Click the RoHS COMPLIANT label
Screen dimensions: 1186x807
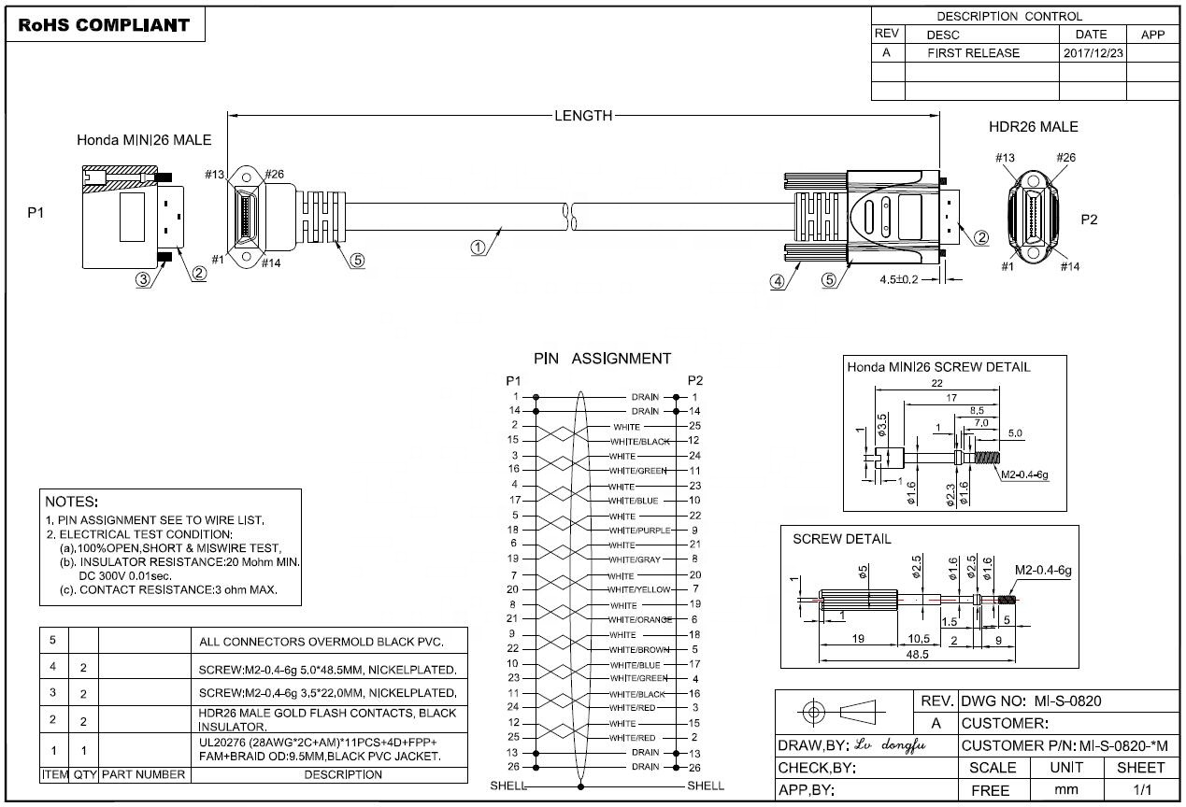pos(104,25)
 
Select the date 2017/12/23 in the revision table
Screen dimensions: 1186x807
pos(1093,53)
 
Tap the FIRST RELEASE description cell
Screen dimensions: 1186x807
pos(973,53)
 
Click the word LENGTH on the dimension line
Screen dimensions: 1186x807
pos(583,116)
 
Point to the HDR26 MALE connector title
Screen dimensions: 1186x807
pos(1033,126)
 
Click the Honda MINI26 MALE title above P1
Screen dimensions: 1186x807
pos(144,140)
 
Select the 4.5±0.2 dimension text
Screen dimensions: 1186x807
pos(898,279)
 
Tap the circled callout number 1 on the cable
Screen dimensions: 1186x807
pos(478,248)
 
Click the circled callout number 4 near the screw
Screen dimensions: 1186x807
pos(777,281)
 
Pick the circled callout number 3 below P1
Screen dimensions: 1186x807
pos(143,279)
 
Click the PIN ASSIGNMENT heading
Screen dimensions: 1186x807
pos(602,359)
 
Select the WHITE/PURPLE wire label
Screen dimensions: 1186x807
pos(639,531)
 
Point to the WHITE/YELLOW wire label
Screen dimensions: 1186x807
pos(638,589)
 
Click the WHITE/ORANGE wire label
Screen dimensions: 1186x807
pos(640,619)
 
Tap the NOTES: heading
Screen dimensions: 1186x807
pos(71,502)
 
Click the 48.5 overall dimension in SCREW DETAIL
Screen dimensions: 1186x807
pos(917,654)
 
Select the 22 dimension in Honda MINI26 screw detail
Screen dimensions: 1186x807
pos(936,383)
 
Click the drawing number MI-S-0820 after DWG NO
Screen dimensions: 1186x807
pos(1067,701)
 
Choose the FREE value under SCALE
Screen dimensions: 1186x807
pos(990,790)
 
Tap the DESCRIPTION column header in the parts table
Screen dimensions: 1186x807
pos(343,774)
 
